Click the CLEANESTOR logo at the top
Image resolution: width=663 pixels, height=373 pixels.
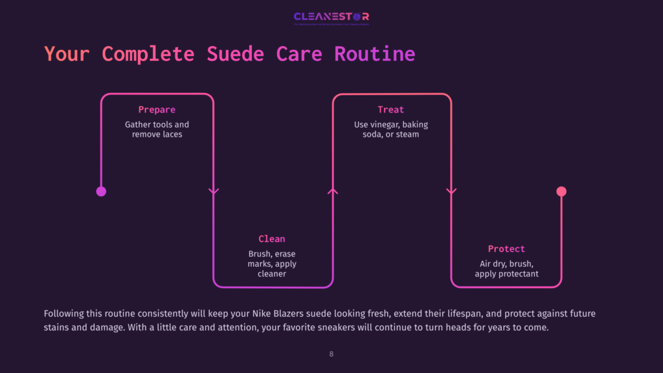(331, 16)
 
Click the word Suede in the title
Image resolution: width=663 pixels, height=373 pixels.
(235, 53)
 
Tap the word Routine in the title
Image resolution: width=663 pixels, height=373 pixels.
(374, 53)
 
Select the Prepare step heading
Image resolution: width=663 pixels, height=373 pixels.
(157, 110)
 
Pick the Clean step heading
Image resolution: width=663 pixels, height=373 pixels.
(272, 239)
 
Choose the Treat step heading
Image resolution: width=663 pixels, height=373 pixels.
(391, 110)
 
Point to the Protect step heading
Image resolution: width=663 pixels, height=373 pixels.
(506, 249)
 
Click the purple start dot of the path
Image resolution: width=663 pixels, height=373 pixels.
(101, 191)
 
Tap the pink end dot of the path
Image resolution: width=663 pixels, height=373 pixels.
(561, 191)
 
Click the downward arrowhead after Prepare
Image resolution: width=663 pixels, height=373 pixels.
(214, 191)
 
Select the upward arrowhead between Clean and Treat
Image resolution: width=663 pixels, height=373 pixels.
(333, 191)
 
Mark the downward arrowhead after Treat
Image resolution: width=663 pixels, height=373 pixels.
(451, 191)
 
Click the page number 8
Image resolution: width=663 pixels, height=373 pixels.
(331, 354)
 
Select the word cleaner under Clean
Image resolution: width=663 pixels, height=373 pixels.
(272, 274)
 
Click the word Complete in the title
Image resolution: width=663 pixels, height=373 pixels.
(148, 53)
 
